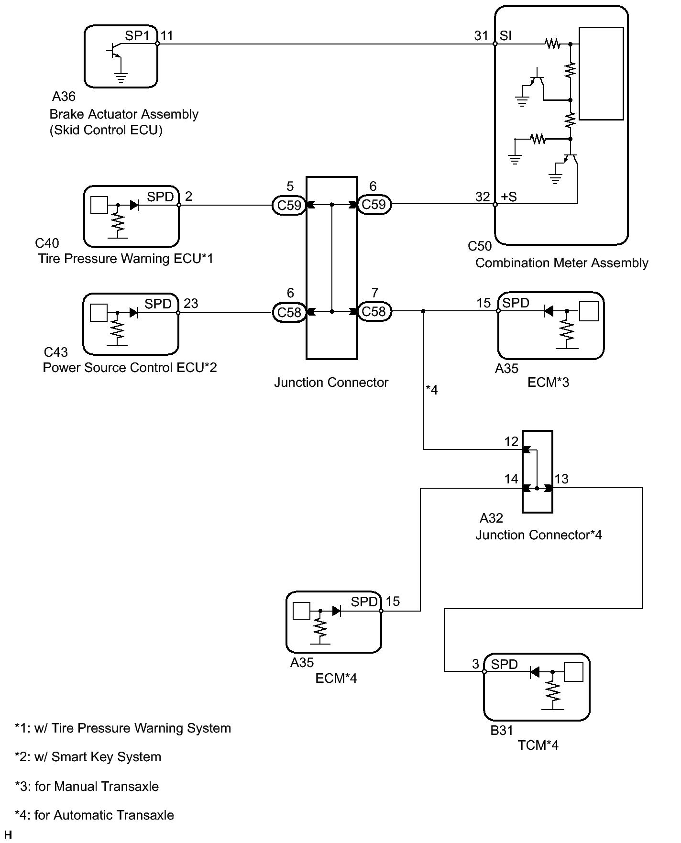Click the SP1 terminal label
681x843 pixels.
(137, 36)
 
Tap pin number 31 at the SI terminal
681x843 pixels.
(481, 36)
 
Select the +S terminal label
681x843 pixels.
(509, 197)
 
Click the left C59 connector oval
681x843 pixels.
(289, 205)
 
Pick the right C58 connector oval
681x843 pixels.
(374, 311)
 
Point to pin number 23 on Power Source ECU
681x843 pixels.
(191, 304)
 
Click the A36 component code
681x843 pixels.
(64, 97)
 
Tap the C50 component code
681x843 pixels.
(480, 246)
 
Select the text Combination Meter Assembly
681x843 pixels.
(562, 263)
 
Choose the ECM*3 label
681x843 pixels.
(549, 382)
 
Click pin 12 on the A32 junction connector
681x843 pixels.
(511, 441)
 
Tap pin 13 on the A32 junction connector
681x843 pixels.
(561, 479)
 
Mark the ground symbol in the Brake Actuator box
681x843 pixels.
(121, 78)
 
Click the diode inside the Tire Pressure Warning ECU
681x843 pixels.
(134, 205)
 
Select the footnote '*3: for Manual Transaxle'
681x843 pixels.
(87, 786)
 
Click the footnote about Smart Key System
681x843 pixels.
(88, 757)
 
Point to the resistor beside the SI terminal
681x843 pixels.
(552, 44)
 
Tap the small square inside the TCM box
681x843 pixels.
(574, 672)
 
